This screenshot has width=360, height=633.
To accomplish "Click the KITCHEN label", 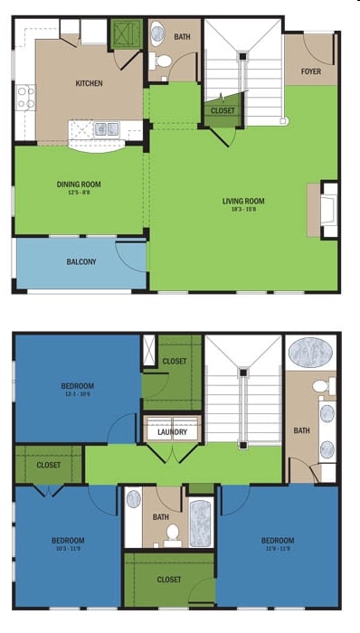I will click(x=89, y=83).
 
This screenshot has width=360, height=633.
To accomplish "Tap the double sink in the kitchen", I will click(x=107, y=128).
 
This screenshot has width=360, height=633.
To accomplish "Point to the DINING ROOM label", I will click(x=79, y=184).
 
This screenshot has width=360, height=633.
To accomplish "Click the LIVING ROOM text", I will click(x=243, y=201).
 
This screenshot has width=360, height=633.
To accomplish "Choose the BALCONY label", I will click(x=81, y=262).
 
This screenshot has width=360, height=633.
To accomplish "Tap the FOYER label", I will click(x=311, y=71).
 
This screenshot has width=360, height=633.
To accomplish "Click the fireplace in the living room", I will click(x=329, y=210).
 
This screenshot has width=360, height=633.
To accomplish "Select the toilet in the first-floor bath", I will click(x=163, y=61).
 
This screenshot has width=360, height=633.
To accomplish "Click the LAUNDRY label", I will click(x=172, y=432).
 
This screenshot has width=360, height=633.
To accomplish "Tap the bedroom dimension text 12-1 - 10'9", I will click(x=78, y=393).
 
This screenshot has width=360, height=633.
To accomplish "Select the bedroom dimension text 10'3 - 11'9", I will click(x=69, y=548).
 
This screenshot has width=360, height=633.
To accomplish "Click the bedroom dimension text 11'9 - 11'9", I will click(x=278, y=548).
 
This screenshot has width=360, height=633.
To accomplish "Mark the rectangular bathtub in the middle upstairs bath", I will click(x=200, y=523).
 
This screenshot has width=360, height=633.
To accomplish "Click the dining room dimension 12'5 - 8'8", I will click(x=79, y=192).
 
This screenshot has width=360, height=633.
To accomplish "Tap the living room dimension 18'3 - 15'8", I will click(x=243, y=209).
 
